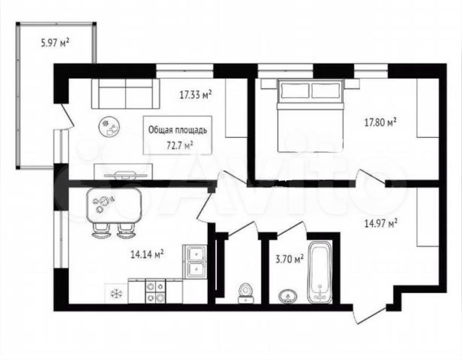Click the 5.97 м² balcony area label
pyautogui.click(x=55, y=43)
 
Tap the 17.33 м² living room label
pyautogui.click(x=196, y=95)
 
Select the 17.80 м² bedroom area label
pyautogui.click(x=380, y=122)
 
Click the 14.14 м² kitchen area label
pyautogui.click(x=147, y=254)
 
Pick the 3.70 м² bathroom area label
pyautogui.click(x=289, y=259)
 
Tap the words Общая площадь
pyautogui.click(x=178, y=130)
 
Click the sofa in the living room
pyautogui.click(x=126, y=94)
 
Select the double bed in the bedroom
pyautogui.click(x=310, y=117)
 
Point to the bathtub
pyautogui.click(x=320, y=273)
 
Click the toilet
pyautogui.click(x=245, y=293)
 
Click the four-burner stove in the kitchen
pyautogui.click(x=155, y=291)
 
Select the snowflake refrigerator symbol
pyautogui.click(x=117, y=293)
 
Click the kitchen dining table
pyautogui.click(x=114, y=206)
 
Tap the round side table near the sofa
pyautogui.click(x=109, y=126)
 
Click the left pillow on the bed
pyautogui.click(x=295, y=90)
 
